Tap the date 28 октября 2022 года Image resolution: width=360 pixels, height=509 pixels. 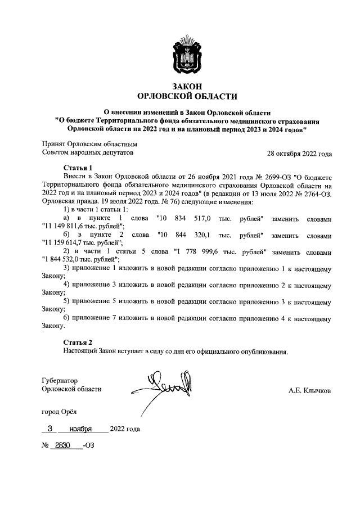[299, 154]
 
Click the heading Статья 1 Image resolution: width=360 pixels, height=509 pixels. [78, 168]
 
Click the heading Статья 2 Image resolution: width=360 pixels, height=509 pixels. [78, 343]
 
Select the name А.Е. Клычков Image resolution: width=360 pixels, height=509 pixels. [310, 389]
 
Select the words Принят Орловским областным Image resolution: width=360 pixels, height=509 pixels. [90, 144]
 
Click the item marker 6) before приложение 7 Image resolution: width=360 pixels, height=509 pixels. [67, 319]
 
